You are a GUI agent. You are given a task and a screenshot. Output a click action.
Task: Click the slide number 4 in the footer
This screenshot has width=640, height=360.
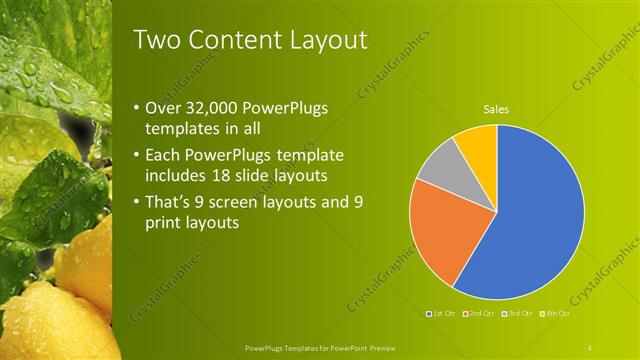click(x=590, y=347)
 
